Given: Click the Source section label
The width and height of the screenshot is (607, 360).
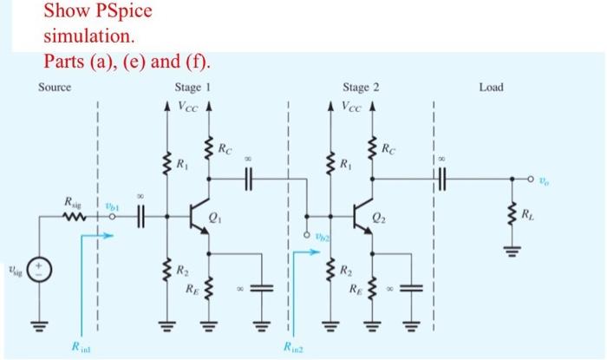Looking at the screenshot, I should pos(54,87).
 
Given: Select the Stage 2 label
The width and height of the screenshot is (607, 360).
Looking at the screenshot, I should pos(360,88).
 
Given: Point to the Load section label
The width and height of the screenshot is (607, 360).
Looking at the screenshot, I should pos(490,88).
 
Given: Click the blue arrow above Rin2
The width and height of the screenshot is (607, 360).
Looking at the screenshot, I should pos(305,254).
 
